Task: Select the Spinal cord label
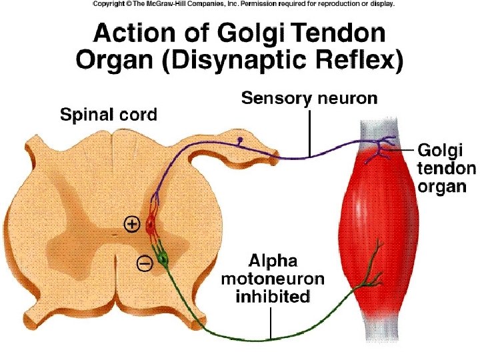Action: [x=109, y=115]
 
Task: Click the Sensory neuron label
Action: [x=309, y=99]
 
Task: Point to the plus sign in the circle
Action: [x=131, y=225]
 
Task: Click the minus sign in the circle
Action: [x=144, y=264]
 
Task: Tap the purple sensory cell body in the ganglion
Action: [x=240, y=141]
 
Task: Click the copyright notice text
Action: [x=243, y=4]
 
